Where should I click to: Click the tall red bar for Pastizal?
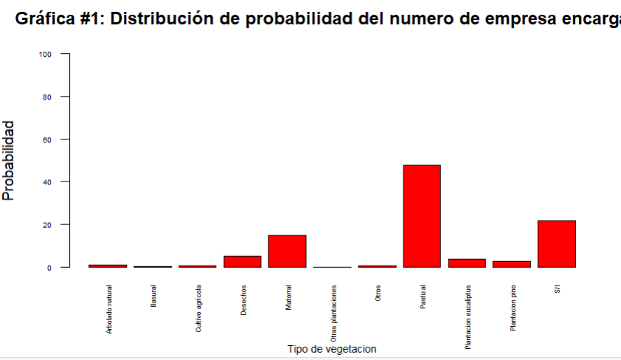pyautogui.click(x=422, y=216)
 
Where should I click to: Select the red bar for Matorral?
pyautogui.click(x=287, y=251)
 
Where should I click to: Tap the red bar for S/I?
pyautogui.click(x=556, y=243)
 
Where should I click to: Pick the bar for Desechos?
pyautogui.click(x=242, y=261)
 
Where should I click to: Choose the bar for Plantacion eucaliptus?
pyautogui.click(x=467, y=263)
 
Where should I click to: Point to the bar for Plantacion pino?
pyautogui.click(x=511, y=263)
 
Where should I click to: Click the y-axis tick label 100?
pyautogui.click(x=46, y=54)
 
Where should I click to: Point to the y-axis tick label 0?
pyautogui.click(x=49, y=267)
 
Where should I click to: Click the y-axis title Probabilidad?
pyautogui.click(x=9, y=161)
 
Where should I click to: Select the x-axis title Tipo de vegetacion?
pyautogui.click(x=332, y=349)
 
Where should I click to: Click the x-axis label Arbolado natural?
pyautogui.click(x=108, y=310)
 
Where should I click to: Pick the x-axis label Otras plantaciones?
pyautogui.click(x=333, y=313)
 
